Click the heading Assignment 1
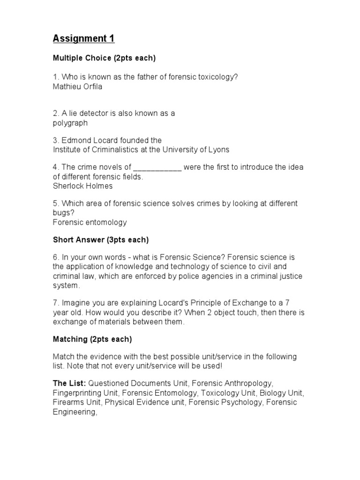coord(84,38)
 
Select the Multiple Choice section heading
coord(104,59)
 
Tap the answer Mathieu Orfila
coord(77,86)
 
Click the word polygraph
coord(70,123)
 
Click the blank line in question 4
coord(157,168)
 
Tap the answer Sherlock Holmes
coord(82,186)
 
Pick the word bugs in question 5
coord(61,213)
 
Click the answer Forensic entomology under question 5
coord(90,222)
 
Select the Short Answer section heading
coord(100,240)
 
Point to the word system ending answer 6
coord(66,285)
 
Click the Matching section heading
coord(92,339)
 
